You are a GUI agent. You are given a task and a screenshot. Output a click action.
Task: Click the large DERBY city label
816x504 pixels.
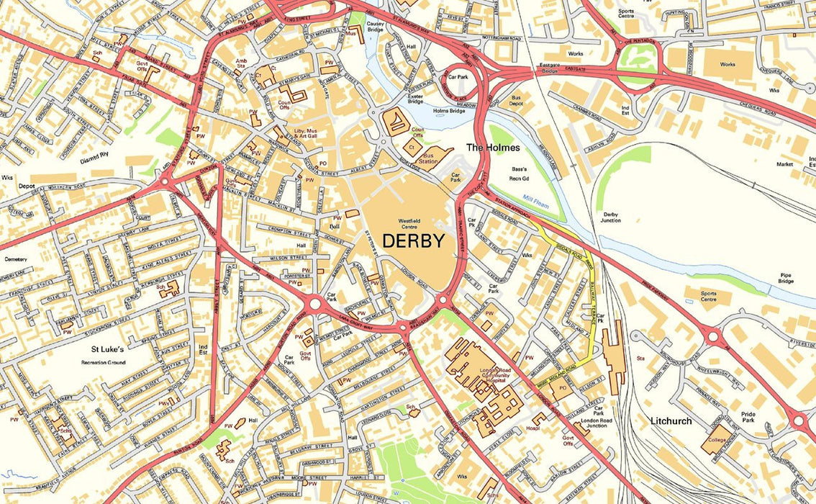413,241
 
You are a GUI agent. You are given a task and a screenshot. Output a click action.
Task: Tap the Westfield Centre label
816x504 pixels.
408,224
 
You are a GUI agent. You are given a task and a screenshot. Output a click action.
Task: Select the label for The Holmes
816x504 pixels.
493,148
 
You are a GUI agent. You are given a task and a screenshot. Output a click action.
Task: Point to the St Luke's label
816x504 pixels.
107,350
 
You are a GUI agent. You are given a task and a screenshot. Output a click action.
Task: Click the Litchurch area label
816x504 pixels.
671,420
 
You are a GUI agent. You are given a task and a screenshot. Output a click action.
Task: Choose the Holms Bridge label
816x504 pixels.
449,111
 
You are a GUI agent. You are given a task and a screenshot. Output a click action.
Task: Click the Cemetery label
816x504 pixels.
15,259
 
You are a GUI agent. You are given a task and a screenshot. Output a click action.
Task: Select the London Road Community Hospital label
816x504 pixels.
494,376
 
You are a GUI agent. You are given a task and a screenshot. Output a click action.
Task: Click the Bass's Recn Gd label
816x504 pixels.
519,174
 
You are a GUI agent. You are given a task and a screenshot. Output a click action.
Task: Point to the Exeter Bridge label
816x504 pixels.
416,98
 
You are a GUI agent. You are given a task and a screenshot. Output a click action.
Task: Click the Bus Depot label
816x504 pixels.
516,100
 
